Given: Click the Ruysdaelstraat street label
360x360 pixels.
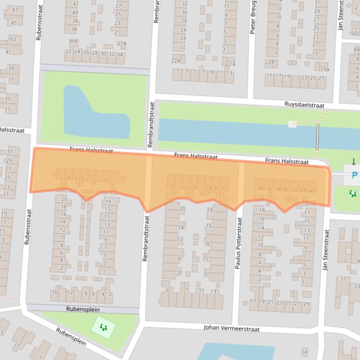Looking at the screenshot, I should [304, 105].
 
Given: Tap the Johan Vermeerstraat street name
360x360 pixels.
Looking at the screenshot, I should [231, 328].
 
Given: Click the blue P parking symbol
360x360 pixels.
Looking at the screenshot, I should [354, 175].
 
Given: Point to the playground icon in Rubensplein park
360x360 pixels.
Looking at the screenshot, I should [103, 327].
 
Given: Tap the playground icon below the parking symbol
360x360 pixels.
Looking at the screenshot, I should [353, 193].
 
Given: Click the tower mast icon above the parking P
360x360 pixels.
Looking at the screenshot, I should [354, 162].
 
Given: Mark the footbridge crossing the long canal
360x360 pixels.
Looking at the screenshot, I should [318, 136].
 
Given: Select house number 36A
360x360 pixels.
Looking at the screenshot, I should [73, 41].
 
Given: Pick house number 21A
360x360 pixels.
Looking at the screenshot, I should [122, 44].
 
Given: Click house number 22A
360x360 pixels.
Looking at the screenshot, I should [175, 61].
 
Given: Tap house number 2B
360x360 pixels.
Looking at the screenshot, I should [271, 61].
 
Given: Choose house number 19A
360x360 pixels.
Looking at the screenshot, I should [325, 70].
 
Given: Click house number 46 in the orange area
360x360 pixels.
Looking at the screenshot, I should [312, 191].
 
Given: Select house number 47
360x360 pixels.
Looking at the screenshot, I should [14, 10].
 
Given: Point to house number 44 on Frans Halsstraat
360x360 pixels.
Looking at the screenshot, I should [303, 190].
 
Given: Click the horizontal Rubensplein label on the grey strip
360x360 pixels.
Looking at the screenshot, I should [83, 310].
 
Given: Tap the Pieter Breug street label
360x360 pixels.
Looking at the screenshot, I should [253, 17].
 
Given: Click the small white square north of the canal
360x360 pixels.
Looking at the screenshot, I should [293, 124].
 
